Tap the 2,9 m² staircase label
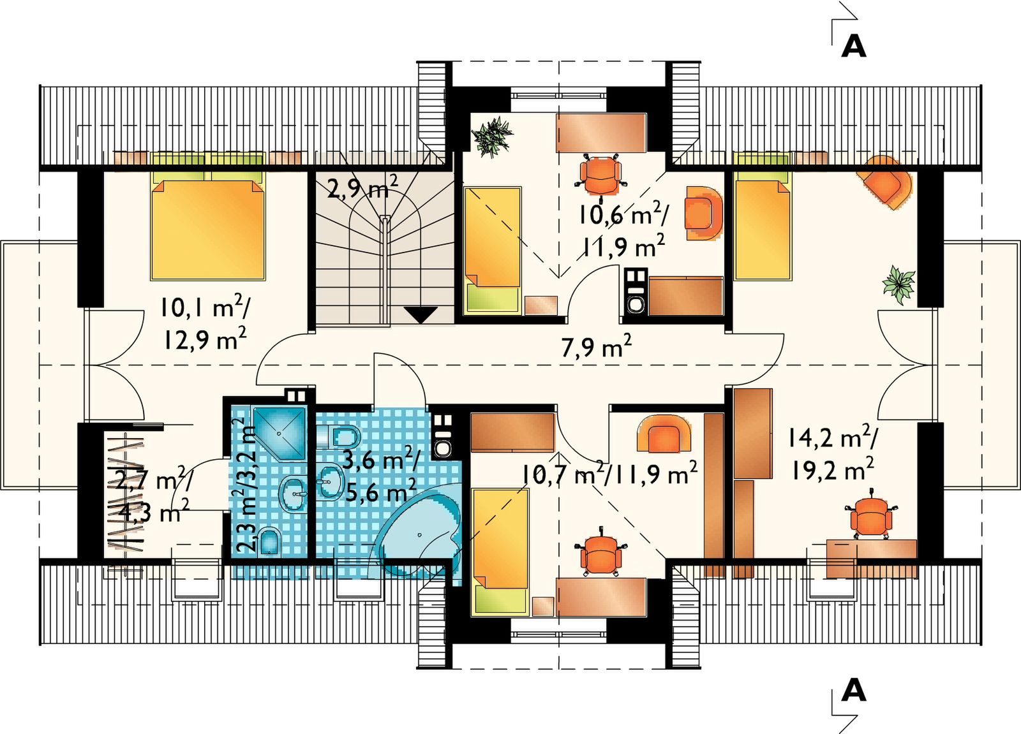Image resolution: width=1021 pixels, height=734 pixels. point(362,187)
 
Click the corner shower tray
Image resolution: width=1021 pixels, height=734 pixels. point(279,434)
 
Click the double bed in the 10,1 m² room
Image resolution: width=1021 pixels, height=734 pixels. point(208,226)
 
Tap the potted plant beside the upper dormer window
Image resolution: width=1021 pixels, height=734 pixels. point(491,136)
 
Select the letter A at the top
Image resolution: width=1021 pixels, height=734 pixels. point(853,47)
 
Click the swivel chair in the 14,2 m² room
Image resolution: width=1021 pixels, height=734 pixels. point(870,515)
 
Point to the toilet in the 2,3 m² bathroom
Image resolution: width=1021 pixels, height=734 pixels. point(269,541)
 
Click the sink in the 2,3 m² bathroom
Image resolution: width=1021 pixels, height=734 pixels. point(292,493)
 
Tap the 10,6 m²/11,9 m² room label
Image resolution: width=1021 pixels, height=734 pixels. point(623,230)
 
